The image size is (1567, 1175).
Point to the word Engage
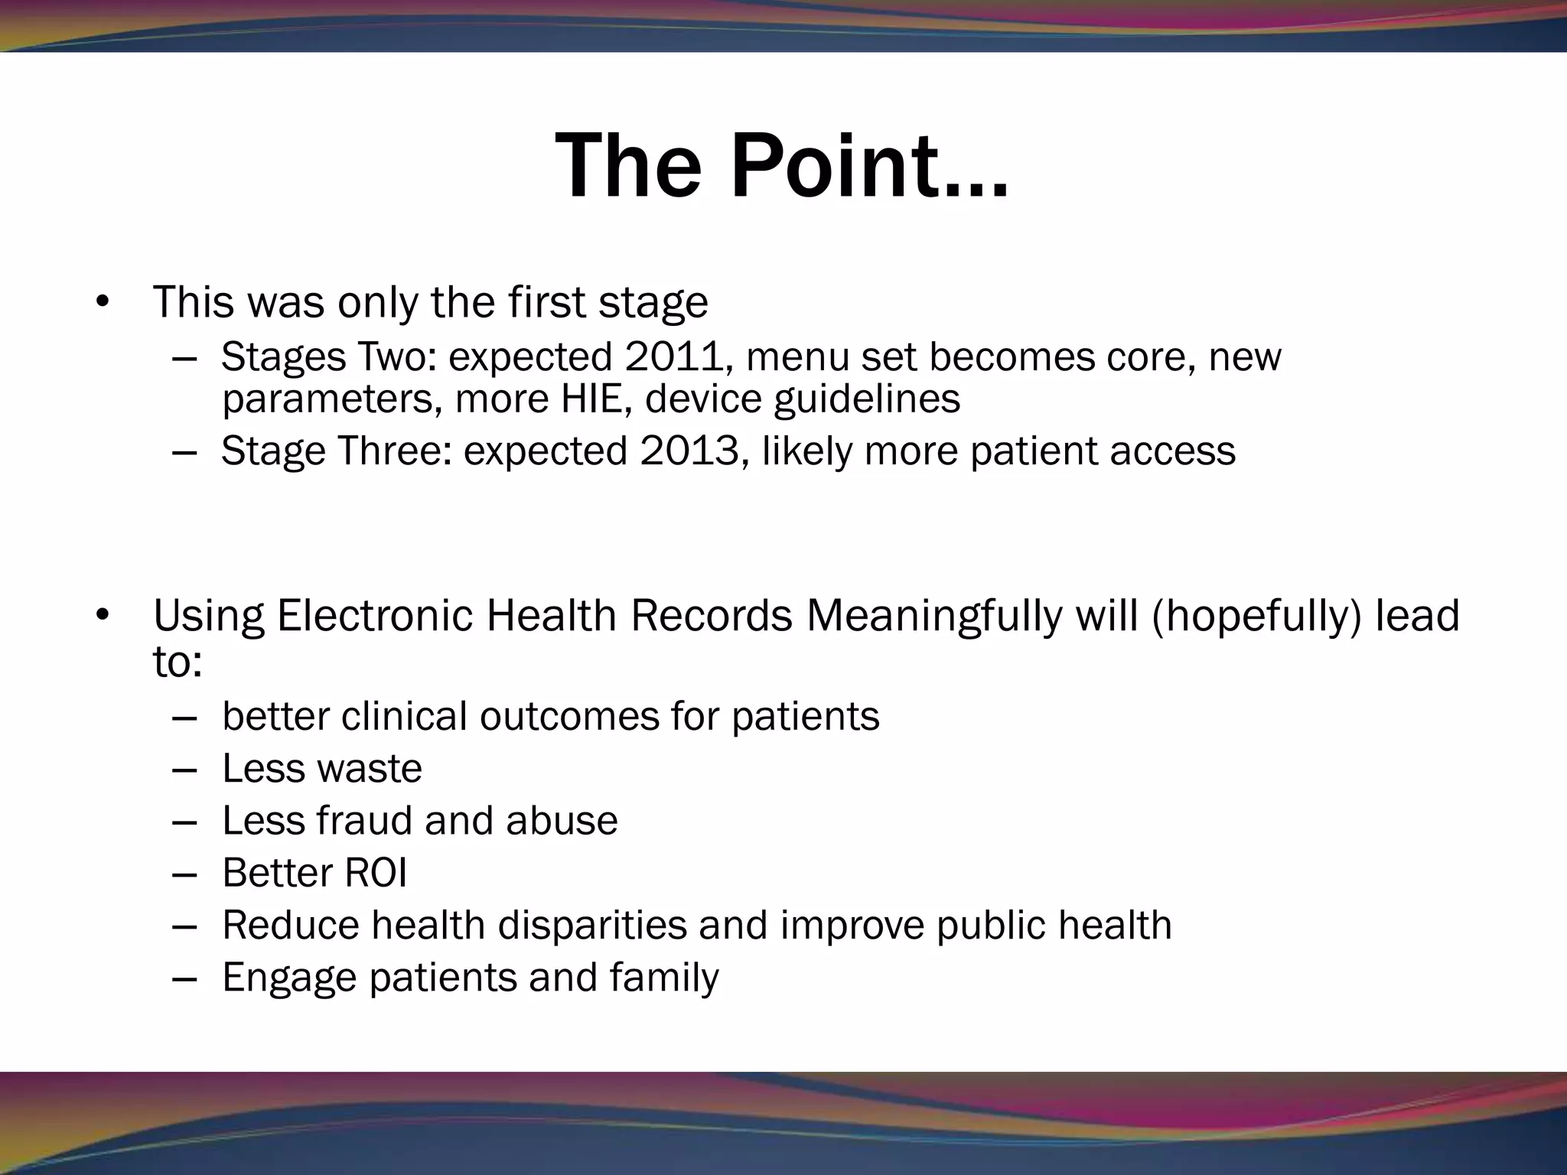(x=289, y=978)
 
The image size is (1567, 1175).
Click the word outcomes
(x=568, y=717)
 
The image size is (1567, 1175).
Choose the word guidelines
(x=867, y=399)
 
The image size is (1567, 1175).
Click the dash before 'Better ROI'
(x=184, y=873)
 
